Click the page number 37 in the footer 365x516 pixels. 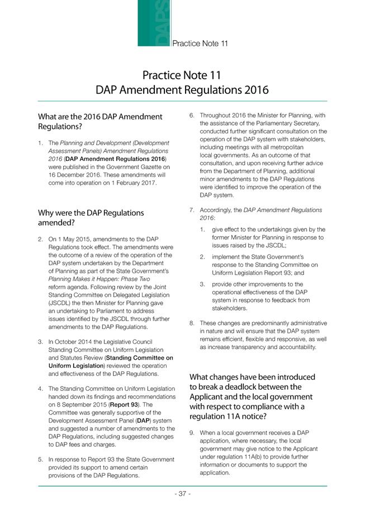pos(182,494)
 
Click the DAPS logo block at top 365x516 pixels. pos(154,23)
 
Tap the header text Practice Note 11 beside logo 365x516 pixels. pos(200,43)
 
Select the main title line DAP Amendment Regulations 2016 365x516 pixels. pos(182,89)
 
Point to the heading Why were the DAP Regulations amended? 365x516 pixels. pos(91,218)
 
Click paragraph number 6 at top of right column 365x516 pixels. pos(192,116)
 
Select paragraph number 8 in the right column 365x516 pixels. pos(192,323)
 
